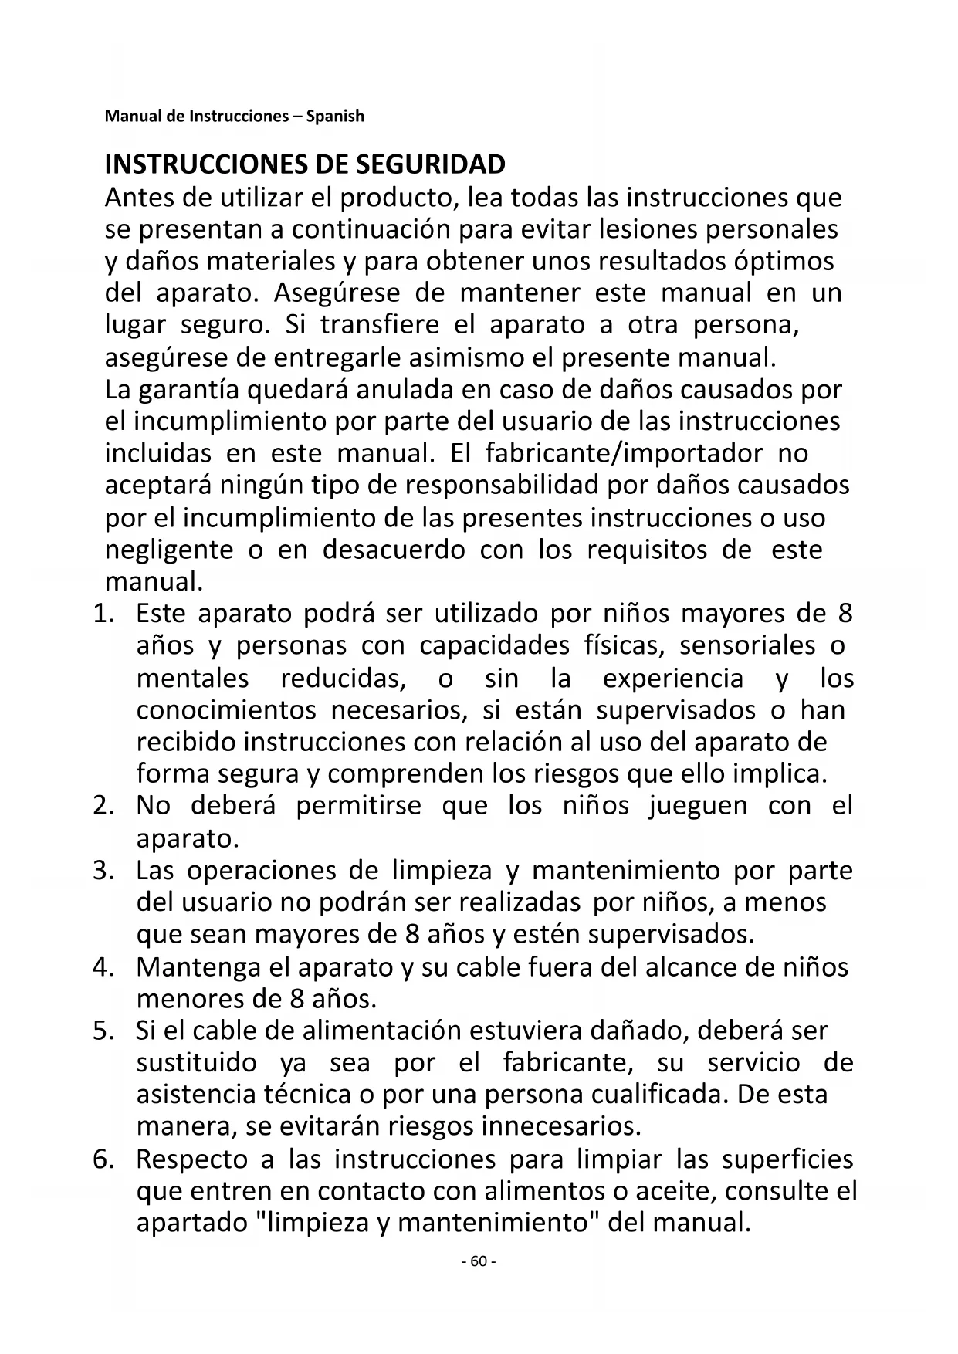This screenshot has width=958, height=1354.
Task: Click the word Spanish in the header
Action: [x=335, y=117]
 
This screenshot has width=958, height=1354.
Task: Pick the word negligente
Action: [x=168, y=550]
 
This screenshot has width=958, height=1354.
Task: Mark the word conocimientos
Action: [x=226, y=709]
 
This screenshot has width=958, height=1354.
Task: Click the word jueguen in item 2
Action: [x=698, y=806]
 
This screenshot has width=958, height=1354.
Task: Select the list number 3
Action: [x=103, y=871]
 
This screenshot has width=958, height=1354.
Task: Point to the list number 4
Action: [x=103, y=967]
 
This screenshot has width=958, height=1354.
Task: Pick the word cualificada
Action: [x=658, y=1095]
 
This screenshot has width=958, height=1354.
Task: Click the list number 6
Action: [x=103, y=1160]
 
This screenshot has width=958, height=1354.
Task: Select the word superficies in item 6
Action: [x=787, y=1160]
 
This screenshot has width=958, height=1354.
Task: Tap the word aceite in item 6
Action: [x=675, y=1192]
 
